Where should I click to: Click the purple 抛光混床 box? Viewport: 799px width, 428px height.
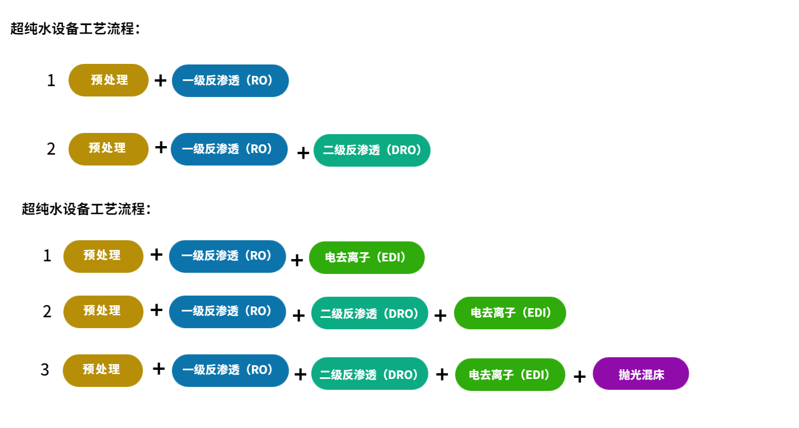tap(641, 374)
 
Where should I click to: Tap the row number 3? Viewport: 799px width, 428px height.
tap(45, 370)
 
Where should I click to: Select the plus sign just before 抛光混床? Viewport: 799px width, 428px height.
tap(579, 376)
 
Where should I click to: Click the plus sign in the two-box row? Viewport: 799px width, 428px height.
tap(160, 80)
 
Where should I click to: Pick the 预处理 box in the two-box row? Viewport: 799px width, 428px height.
tap(109, 80)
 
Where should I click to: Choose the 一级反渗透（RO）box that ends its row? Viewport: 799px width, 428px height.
tap(230, 80)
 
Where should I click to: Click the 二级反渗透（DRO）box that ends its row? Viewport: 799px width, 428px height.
tap(372, 150)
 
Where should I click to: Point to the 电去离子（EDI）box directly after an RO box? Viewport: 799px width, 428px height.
tap(367, 257)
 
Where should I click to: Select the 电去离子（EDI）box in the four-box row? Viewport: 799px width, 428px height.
tap(510, 313)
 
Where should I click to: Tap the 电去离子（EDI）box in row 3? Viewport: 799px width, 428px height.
tap(510, 374)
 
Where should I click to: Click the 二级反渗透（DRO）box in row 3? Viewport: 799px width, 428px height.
tap(370, 374)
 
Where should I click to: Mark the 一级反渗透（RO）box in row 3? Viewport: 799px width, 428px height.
tap(230, 370)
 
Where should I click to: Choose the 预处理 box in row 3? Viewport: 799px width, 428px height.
tap(103, 370)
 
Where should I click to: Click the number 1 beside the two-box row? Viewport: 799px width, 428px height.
tap(51, 80)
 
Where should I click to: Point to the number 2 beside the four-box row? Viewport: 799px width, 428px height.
tap(47, 312)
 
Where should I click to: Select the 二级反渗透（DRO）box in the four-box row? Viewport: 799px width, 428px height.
tap(370, 313)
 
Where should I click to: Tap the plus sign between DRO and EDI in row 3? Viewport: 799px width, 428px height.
tap(441, 374)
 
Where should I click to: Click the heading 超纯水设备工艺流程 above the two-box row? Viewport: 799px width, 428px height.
tap(74, 29)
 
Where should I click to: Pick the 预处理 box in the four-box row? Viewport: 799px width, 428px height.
tap(103, 311)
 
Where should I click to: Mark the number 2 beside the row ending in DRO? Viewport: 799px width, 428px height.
tap(51, 149)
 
